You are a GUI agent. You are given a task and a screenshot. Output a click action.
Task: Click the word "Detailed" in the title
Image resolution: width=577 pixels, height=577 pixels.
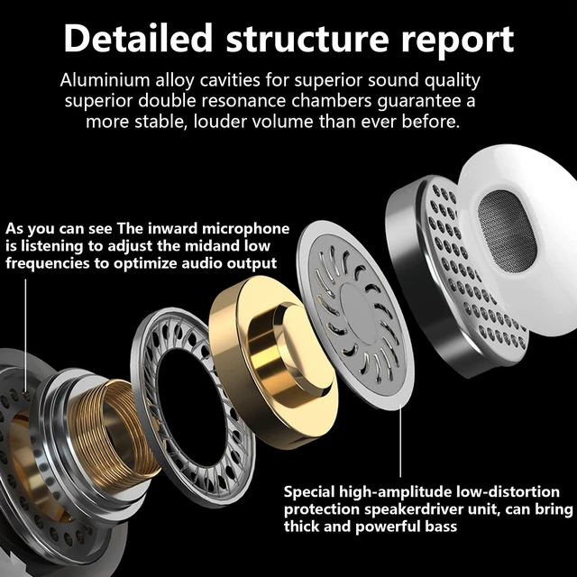138,38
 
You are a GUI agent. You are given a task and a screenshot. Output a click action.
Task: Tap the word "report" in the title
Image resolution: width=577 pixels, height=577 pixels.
457,41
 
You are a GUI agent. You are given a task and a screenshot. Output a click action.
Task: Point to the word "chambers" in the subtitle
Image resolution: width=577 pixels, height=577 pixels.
332,100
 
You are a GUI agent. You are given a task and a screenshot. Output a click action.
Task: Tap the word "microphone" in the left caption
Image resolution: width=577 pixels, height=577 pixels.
246,229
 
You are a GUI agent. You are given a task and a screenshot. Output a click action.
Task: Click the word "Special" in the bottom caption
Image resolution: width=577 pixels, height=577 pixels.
309,492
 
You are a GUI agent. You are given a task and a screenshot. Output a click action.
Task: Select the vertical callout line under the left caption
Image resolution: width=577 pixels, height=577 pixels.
25,334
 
